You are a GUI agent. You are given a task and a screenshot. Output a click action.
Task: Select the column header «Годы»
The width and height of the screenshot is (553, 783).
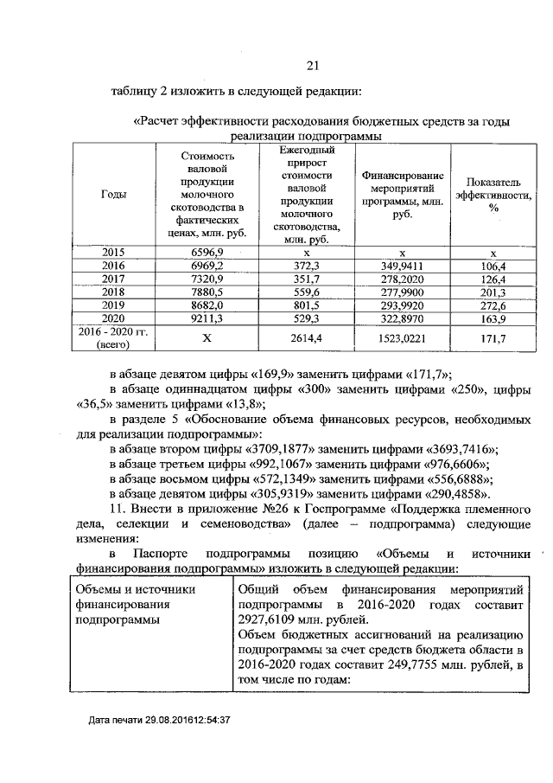click(113, 195)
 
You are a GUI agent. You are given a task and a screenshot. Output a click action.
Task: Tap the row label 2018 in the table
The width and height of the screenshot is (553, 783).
click(113, 292)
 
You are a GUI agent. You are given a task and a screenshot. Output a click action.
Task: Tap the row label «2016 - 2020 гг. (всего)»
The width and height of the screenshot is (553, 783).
click(113, 338)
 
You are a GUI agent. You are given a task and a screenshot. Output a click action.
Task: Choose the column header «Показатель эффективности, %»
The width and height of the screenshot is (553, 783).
click(493, 195)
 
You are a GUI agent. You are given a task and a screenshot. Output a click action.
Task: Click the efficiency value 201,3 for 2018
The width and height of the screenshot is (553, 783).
click(493, 292)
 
